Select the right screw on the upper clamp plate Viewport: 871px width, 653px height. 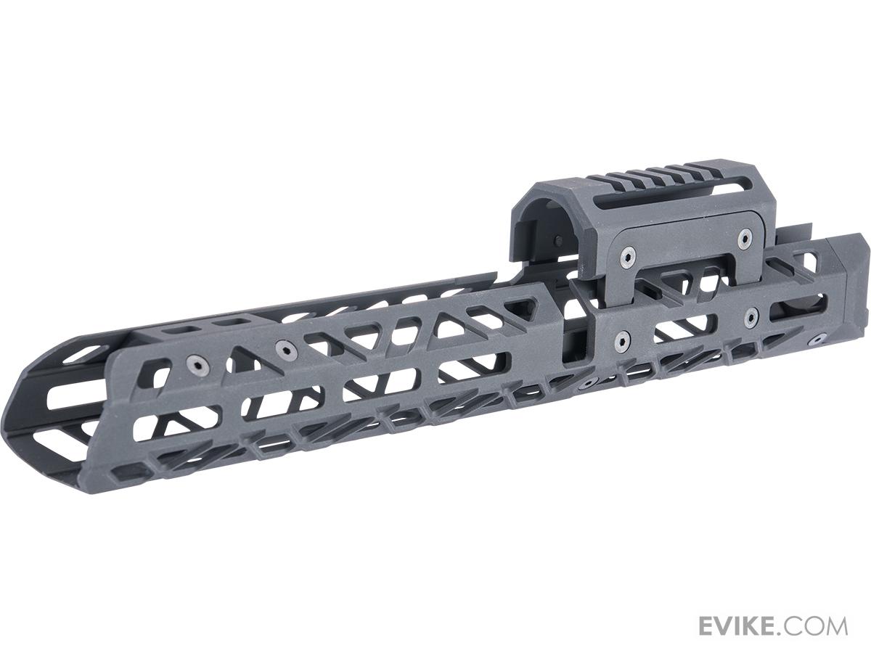coord(743,238)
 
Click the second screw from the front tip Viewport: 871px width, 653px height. coord(285,350)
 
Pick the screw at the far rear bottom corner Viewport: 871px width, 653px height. coord(819,338)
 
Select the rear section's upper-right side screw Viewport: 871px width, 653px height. coord(751,316)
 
